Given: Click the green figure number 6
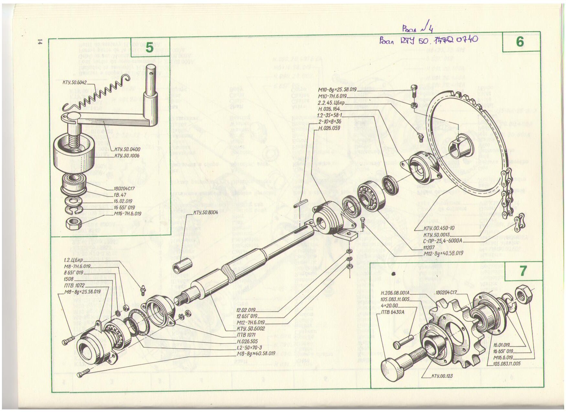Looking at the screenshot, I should click(x=519, y=42).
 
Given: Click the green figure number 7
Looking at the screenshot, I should click(x=523, y=271).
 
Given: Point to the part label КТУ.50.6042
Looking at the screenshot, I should click(x=74, y=82).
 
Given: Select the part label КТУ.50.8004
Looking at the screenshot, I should click(x=205, y=212).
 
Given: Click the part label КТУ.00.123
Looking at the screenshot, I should click(x=442, y=376).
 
